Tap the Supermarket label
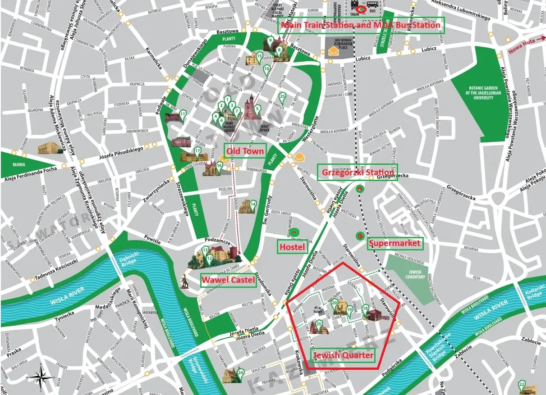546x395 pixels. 395,244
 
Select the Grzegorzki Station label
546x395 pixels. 358,173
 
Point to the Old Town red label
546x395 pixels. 245,151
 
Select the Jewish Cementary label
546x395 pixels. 415,275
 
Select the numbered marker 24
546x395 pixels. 241,373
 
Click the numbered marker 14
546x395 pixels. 253,205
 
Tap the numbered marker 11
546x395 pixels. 182,115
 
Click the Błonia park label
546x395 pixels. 18,164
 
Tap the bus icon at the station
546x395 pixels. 372,9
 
